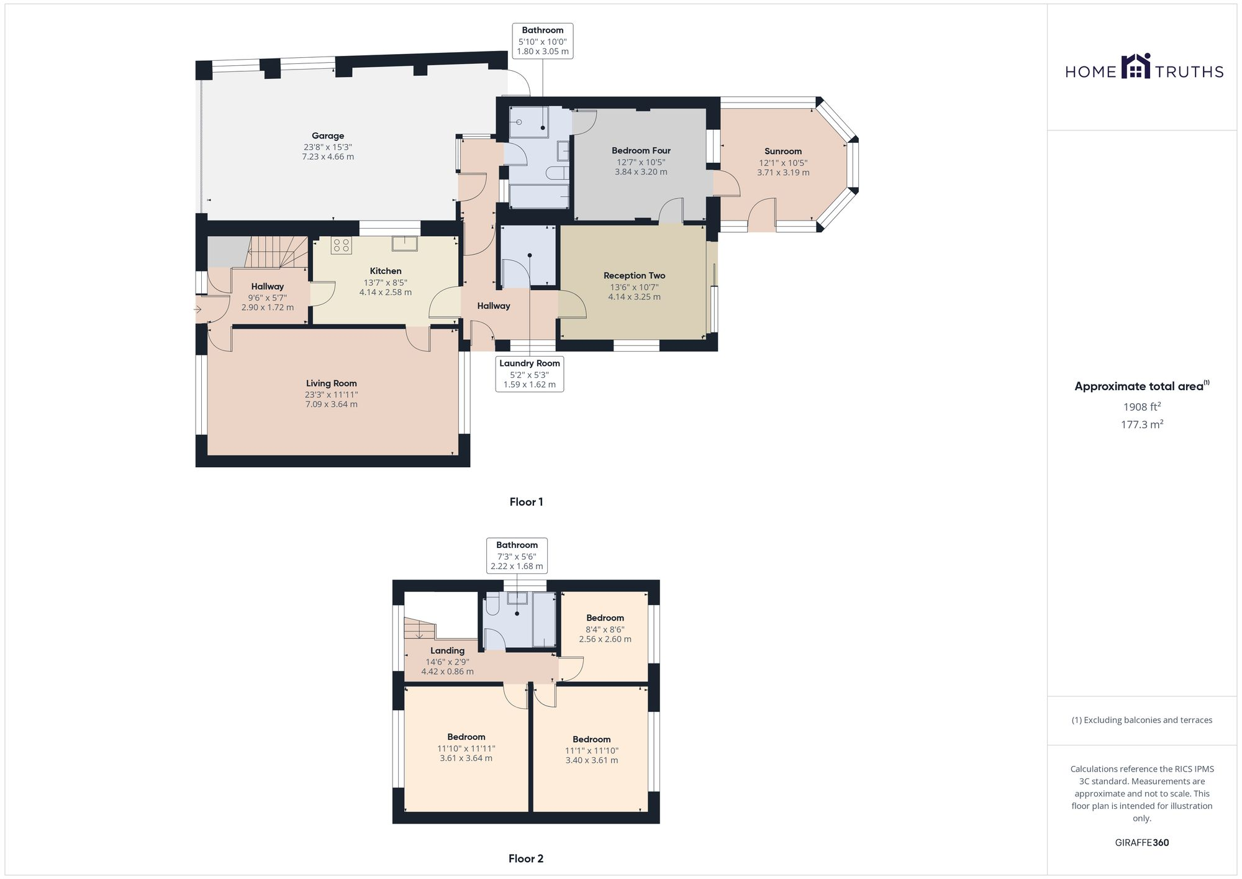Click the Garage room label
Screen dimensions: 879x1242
[328, 136]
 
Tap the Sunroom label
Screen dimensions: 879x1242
[783, 152]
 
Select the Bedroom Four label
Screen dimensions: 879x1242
[641, 150]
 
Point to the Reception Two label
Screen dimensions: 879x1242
[634, 276]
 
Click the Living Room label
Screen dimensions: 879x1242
[331, 383]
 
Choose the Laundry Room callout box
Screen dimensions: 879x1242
[530, 374]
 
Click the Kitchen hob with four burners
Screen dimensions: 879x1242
[342, 245]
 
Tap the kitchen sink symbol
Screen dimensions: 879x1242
[405, 243]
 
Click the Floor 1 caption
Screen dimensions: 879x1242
[526, 502]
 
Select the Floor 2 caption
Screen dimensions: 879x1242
[526, 859]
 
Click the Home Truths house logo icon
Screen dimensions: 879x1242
[1136, 66]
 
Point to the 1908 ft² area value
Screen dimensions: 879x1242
[1141, 408]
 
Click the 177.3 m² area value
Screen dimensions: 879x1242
[1141, 425]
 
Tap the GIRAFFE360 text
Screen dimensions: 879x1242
[1141, 843]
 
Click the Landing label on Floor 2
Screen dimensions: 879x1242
[447, 651]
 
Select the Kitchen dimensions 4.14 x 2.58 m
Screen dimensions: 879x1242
[385, 293]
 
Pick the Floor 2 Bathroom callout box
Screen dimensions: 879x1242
[517, 555]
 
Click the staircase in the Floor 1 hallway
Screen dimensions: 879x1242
[278, 252]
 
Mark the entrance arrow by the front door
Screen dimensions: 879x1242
[198, 309]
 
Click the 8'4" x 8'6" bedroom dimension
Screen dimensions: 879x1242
[605, 629]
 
